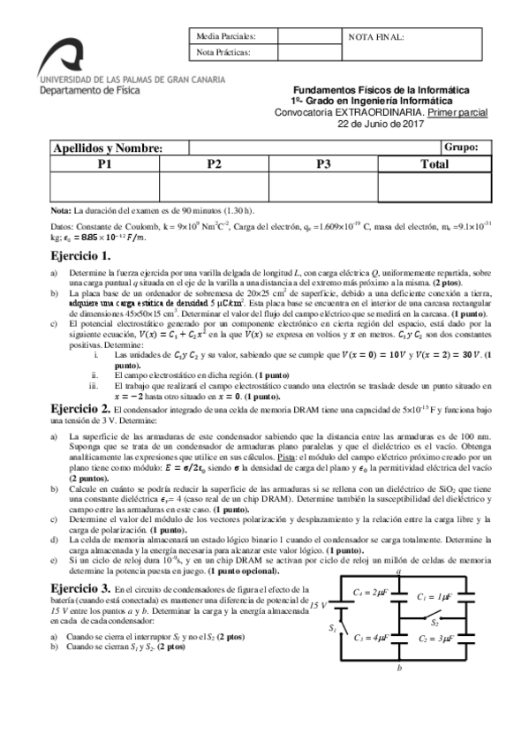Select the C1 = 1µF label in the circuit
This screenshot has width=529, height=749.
437,597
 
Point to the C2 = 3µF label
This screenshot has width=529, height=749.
437,637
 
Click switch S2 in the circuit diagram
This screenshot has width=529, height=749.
435,621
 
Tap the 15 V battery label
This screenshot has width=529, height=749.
315,604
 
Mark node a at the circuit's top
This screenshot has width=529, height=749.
399,571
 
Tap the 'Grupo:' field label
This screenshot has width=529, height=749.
461,148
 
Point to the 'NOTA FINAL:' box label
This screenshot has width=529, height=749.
377,37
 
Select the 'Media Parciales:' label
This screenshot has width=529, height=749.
225,37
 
